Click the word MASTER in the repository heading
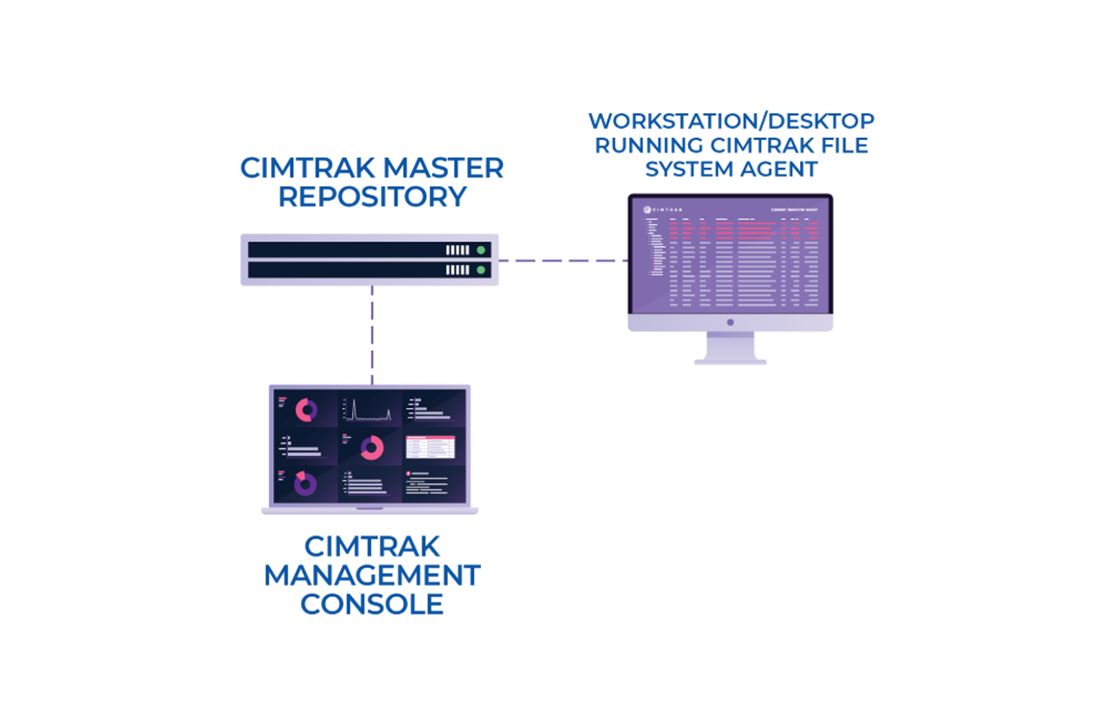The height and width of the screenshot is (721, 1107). [444, 168]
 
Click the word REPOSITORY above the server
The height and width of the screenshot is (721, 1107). [372, 197]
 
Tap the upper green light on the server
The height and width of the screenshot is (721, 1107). [481, 250]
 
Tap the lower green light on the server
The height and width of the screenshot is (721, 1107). [481, 270]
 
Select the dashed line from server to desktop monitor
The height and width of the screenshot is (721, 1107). [562, 261]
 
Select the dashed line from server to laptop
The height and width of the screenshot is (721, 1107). [372, 336]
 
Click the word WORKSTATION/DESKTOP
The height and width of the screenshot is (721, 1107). [731, 121]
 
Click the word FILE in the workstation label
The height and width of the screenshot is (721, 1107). [844, 145]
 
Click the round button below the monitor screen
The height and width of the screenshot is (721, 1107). [730, 322]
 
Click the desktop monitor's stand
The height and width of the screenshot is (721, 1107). [730, 348]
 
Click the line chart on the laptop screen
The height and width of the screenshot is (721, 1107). [369, 410]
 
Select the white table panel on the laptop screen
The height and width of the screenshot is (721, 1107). [430, 447]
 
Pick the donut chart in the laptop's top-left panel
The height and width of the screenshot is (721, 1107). [306, 410]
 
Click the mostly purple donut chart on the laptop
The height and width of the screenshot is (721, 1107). [305, 484]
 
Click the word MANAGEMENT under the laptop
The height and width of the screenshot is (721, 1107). [372, 576]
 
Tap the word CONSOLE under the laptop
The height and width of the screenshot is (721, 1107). [372, 604]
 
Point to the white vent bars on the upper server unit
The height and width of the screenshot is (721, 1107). [458, 250]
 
